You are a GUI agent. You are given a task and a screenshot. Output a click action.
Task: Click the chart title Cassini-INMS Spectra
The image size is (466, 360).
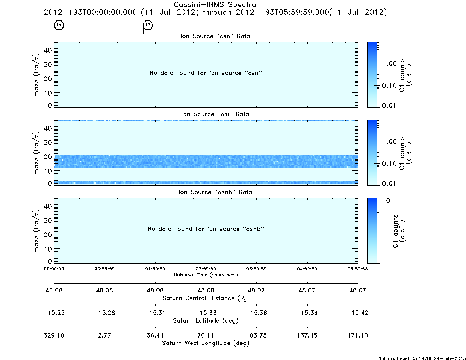[x=215, y=5]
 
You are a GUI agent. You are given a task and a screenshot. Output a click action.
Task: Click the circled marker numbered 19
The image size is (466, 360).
[x=59, y=25]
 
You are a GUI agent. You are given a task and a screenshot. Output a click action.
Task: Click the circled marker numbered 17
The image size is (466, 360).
[x=148, y=25]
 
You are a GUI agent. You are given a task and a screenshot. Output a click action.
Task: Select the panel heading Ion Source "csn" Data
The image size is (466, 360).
[x=215, y=36]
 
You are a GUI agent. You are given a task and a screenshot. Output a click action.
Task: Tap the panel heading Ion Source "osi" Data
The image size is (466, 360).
[x=215, y=114]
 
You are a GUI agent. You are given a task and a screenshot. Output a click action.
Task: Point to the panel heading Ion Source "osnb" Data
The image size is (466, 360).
[x=215, y=192]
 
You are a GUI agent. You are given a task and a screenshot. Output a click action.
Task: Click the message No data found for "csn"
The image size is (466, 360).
[x=206, y=73]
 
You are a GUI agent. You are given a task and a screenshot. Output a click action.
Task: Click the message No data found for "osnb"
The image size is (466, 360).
[x=206, y=229]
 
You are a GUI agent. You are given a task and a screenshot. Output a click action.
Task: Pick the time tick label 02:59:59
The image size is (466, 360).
[x=206, y=269]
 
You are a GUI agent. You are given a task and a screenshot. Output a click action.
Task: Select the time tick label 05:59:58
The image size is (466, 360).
[x=358, y=269]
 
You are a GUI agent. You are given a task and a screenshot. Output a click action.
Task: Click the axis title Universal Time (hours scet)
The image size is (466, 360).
[x=206, y=275]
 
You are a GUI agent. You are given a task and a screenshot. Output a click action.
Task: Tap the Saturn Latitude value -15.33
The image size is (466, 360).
[x=206, y=313]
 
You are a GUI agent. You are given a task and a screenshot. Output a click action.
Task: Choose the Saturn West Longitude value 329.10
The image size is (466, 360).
[x=54, y=335]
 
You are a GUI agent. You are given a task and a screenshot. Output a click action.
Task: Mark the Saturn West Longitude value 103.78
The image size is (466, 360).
[x=256, y=335]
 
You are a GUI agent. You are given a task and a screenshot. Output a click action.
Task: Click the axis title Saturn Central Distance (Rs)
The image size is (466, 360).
[x=206, y=298]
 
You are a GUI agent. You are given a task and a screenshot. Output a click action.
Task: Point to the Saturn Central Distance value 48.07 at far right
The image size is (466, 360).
[x=358, y=290]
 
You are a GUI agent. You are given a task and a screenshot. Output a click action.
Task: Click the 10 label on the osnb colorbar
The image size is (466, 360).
[x=386, y=200]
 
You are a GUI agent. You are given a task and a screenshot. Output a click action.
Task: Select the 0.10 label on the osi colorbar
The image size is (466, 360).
[x=389, y=164]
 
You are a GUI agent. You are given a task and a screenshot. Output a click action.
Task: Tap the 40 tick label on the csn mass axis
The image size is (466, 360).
[x=48, y=50]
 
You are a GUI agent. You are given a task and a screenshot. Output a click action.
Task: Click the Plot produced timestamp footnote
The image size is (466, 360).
[x=421, y=358]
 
